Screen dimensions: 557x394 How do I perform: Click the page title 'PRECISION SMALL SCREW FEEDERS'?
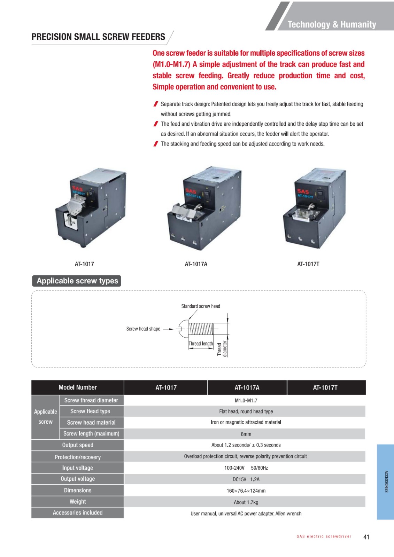click(98, 37)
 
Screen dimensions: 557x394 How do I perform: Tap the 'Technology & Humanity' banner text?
click(332, 24)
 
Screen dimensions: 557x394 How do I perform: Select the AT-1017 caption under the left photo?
click(84, 264)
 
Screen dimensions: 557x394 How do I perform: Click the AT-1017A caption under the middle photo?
click(196, 264)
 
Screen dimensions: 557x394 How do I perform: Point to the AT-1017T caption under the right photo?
click(308, 264)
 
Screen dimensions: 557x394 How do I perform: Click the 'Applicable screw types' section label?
click(77, 281)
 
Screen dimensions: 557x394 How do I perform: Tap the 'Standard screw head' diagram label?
click(201, 306)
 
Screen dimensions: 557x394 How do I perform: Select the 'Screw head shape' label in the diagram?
click(143, 329)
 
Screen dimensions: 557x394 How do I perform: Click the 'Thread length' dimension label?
click(201, 344)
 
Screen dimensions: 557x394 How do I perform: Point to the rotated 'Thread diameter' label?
click(222, 348)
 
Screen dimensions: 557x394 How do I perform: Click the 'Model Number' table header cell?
click(78, 387)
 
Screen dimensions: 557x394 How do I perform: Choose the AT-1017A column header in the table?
click(247, 388)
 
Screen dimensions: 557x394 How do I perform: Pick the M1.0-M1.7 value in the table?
click(246, 400)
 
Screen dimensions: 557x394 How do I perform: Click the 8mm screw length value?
click(246, 434)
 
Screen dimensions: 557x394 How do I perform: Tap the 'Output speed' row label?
click(78, 445)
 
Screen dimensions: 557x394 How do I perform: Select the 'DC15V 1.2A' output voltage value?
click(246, 479)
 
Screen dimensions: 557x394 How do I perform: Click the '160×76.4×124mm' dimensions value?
click(246, 491)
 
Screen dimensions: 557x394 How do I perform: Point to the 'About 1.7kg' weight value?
click(246, 502)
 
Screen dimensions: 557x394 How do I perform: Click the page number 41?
click(366, 537)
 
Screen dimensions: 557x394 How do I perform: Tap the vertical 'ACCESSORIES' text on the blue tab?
click(386, 481)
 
